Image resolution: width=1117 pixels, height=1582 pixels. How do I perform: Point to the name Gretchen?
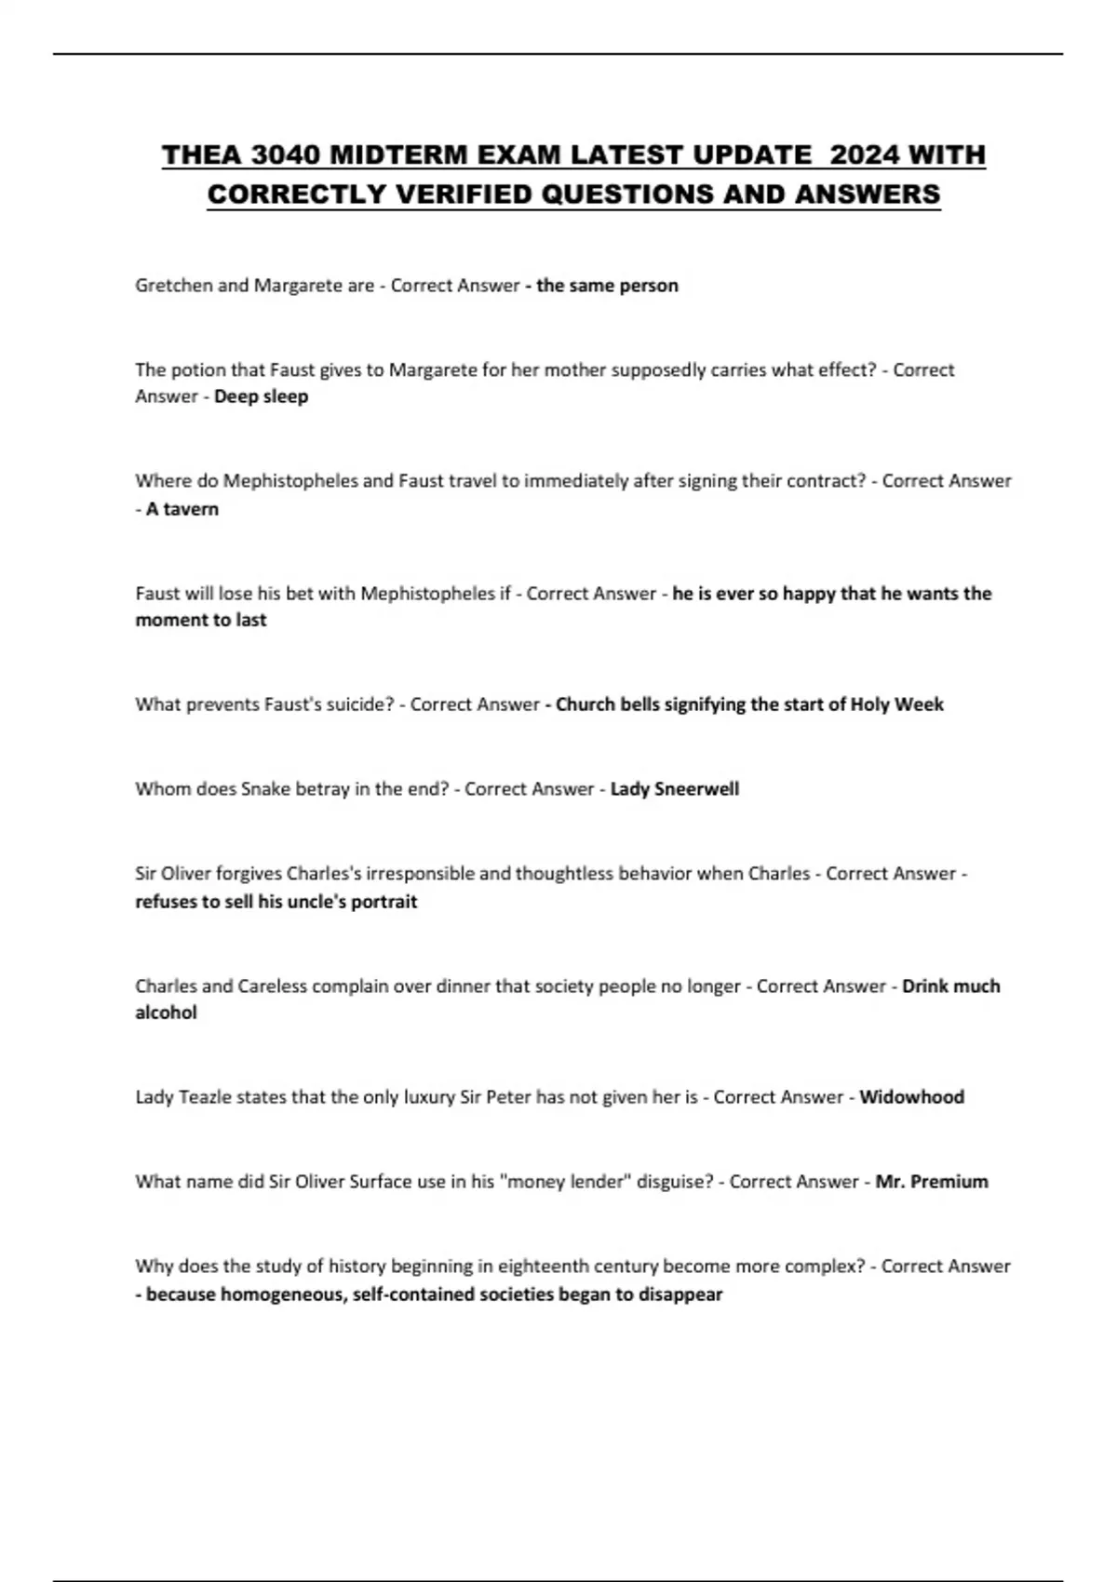[x=173, y=286]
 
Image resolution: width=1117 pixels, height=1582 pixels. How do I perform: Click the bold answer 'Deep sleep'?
[x=261, y=396]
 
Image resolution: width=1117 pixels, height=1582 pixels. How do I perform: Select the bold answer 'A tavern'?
[x=182, y=509]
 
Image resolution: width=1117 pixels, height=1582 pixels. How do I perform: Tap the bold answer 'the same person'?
[x=607, y=286]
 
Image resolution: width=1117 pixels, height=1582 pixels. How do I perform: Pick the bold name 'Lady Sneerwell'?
[x=674, y=789]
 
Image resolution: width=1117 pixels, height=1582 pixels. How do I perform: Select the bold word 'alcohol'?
[x=166, y=1012]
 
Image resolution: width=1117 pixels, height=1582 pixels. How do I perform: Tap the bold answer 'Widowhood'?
[x=911, y=1097]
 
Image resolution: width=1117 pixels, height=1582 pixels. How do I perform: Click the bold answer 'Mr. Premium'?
[x=931, y=1182]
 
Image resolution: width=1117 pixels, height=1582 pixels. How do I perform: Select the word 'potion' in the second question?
[x=197, y=369]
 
